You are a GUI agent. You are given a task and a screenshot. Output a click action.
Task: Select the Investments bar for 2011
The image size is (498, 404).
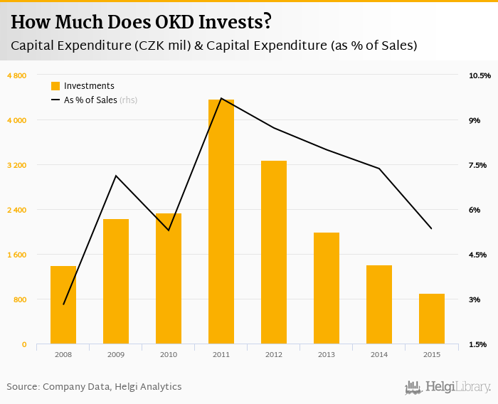221,222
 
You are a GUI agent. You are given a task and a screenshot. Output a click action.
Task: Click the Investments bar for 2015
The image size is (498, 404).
432,319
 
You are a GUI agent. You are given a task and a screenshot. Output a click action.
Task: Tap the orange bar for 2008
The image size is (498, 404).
63,305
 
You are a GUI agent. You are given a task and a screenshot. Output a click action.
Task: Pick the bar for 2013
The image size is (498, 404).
327,288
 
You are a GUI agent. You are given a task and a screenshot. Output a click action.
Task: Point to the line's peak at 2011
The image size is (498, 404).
221,98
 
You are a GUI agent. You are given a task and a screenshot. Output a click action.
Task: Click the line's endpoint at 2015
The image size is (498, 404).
432,228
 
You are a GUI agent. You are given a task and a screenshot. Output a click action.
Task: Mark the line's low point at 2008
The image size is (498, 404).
63,304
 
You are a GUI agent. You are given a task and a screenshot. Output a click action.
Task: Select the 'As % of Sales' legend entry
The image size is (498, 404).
90,100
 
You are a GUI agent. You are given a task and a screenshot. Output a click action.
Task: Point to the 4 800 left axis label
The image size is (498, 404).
17,75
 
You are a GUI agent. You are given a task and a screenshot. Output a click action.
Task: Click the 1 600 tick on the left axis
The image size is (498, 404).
17,255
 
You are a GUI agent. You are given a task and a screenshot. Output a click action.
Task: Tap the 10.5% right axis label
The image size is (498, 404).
480,75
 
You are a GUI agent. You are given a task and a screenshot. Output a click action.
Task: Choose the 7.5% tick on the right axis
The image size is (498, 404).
477,165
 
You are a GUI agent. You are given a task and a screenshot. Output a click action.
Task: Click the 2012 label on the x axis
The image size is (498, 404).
274,354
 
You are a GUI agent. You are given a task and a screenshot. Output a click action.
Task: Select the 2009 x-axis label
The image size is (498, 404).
116,354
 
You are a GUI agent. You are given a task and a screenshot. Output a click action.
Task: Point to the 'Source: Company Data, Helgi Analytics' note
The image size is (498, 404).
94,387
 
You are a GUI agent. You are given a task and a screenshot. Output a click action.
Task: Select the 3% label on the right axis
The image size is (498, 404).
474,299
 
